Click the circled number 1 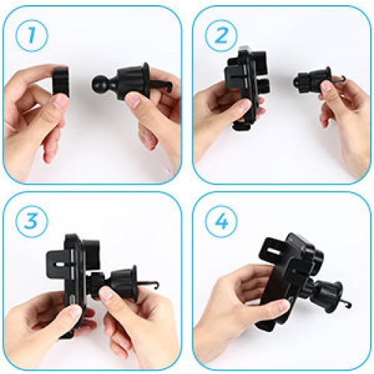(31, 36)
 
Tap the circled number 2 (221, 36)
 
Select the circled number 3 (31, 221)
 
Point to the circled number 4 (221, 221)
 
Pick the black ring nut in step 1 (61, 82)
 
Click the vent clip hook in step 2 (339, 79)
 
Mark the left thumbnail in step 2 (244, 105)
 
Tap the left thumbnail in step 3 (75, 312)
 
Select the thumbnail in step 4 (283, 305)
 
